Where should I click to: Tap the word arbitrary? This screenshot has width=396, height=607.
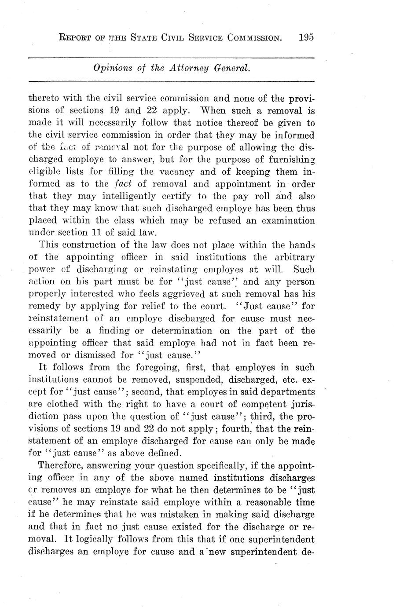pyautogui.click(x=292, y=257)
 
